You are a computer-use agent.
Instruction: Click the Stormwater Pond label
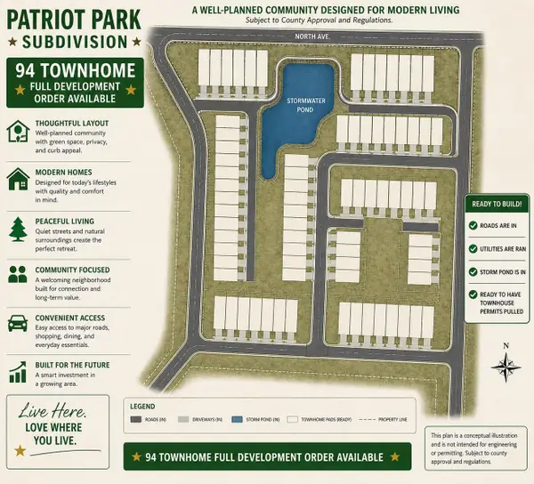(303, 105)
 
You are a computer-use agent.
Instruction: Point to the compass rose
(505, 365)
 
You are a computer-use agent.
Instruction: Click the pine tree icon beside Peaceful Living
(17, 230)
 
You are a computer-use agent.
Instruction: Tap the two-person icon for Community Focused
(17, 276)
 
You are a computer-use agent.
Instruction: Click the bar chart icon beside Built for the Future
(17, 370)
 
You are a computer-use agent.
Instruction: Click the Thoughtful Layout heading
(71, 124)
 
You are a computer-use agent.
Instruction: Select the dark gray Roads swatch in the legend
(136, 417)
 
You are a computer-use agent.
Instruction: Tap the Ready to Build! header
(498, 204)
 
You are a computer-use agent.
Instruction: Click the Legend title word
(143, 405)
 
